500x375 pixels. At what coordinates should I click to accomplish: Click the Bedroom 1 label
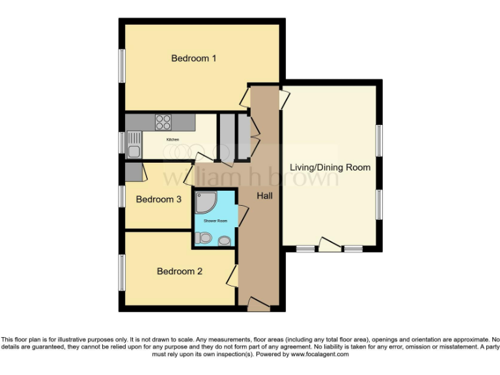[193, 59]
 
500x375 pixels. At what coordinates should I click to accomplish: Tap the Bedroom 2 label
[180, 271]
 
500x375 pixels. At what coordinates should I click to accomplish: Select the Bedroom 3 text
[158, 199]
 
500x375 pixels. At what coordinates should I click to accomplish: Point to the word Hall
[264, 195]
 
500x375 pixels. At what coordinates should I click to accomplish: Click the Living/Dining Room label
[330, 167]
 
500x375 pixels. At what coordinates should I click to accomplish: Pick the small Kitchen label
[173, 139]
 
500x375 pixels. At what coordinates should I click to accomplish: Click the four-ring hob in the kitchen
[163, 122]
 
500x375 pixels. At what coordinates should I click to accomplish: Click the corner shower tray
[206, 204]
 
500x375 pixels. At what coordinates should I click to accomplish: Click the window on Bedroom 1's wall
[121, 66]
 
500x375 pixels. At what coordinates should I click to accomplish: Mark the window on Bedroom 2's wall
[121, 271]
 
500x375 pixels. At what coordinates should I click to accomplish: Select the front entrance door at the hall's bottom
[258, 302]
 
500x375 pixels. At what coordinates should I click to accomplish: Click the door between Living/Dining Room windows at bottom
[329, 245]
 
